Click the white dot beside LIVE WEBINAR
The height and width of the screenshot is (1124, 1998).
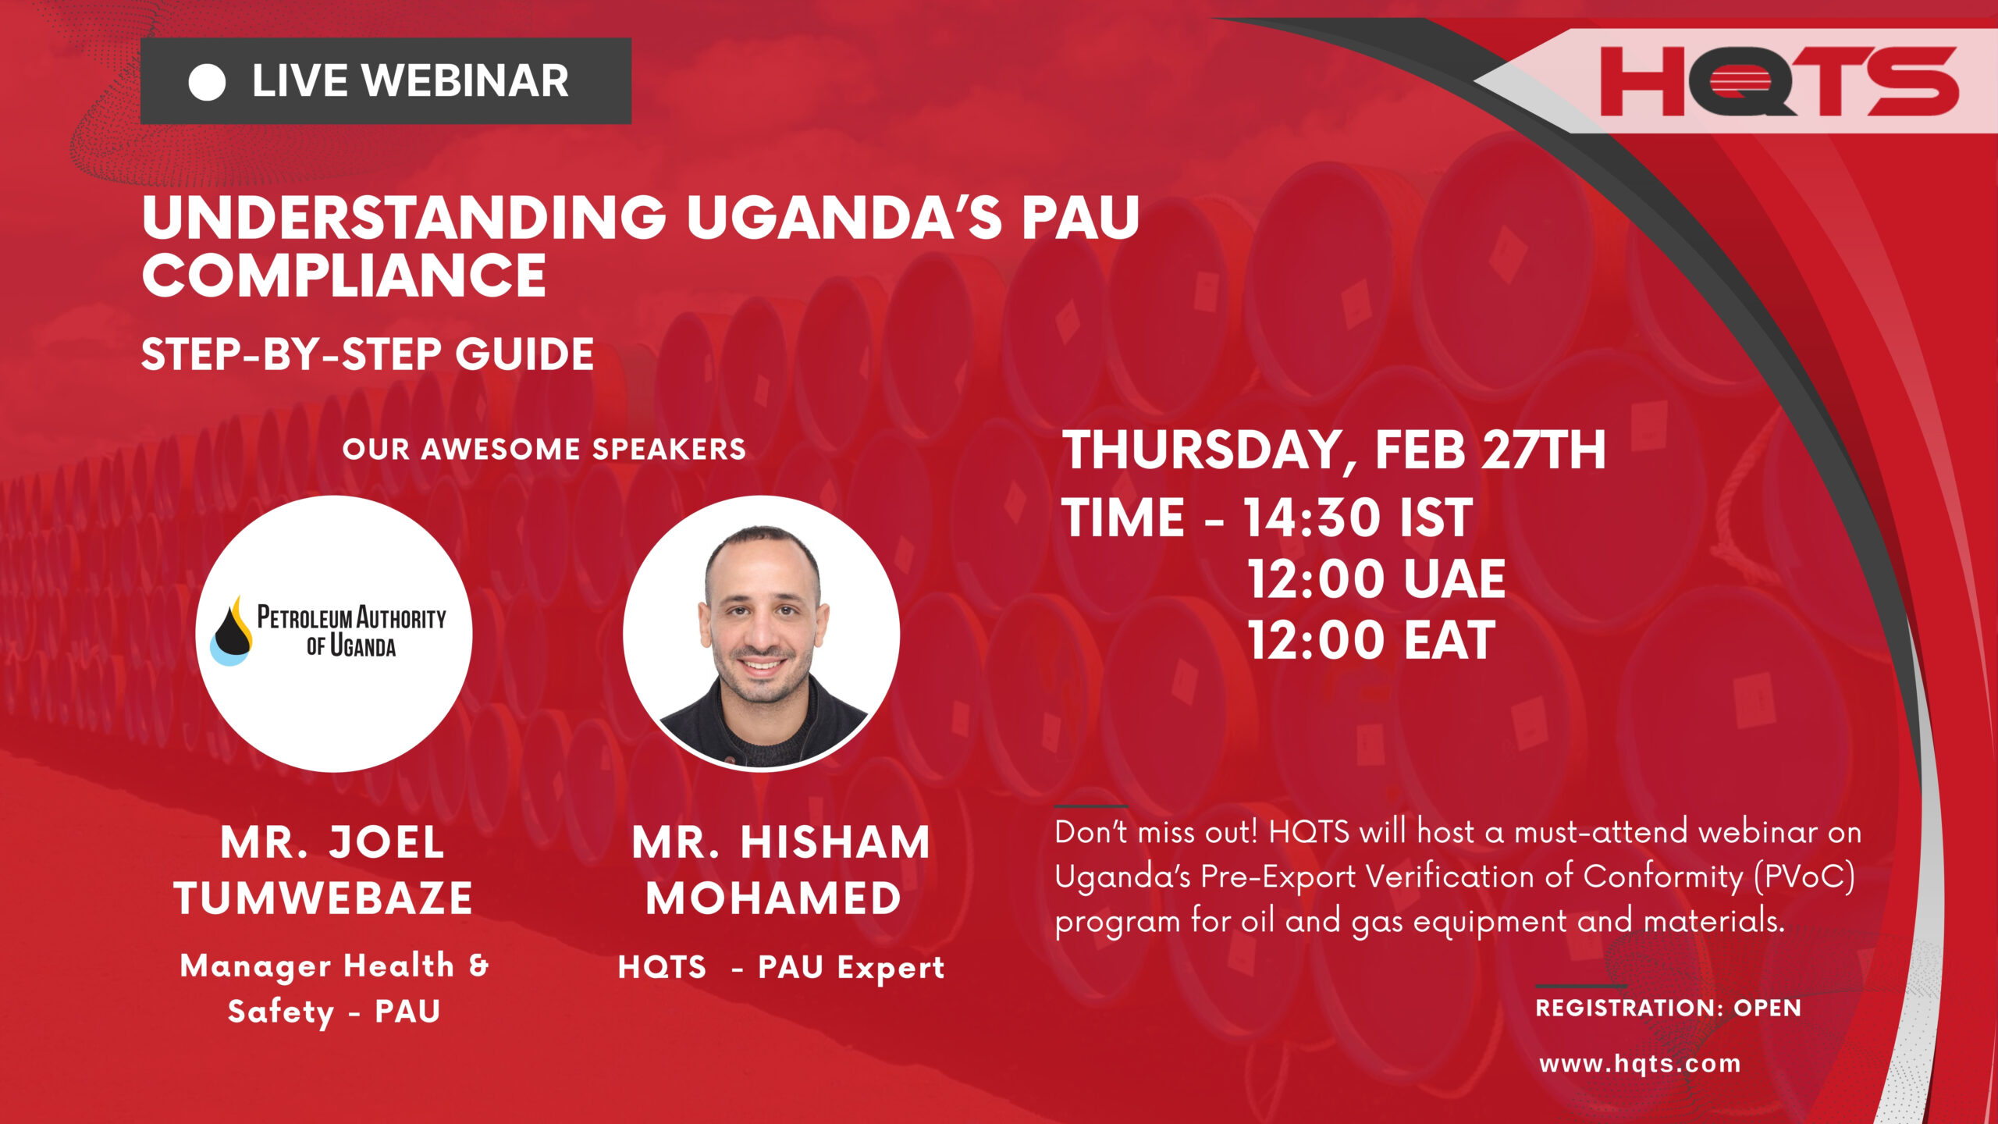point(207,82)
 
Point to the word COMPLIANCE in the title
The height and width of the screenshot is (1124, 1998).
point(343,276)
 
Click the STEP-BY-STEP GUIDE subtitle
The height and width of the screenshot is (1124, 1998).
point(367,354)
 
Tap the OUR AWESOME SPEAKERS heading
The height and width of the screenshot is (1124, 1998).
point(544,449)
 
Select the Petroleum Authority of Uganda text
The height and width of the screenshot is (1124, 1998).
point(351,631)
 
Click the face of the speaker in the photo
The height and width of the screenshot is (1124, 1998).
point(762,617)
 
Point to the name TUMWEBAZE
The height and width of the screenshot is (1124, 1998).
point(323,898)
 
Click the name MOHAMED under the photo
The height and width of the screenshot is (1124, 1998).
point(773,898)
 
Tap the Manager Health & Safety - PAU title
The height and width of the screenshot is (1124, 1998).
point(334,988)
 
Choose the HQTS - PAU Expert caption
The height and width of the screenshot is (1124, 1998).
point(780,968)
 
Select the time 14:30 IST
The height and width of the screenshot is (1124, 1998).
point(1358,518)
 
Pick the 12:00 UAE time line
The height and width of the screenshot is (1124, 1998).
point(1376,579)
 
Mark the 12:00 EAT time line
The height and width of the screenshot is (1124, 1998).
point(1371,641)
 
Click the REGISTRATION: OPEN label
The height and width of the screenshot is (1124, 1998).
point(1668,1008)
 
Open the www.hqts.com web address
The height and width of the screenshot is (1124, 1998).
point(1640,1063)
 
